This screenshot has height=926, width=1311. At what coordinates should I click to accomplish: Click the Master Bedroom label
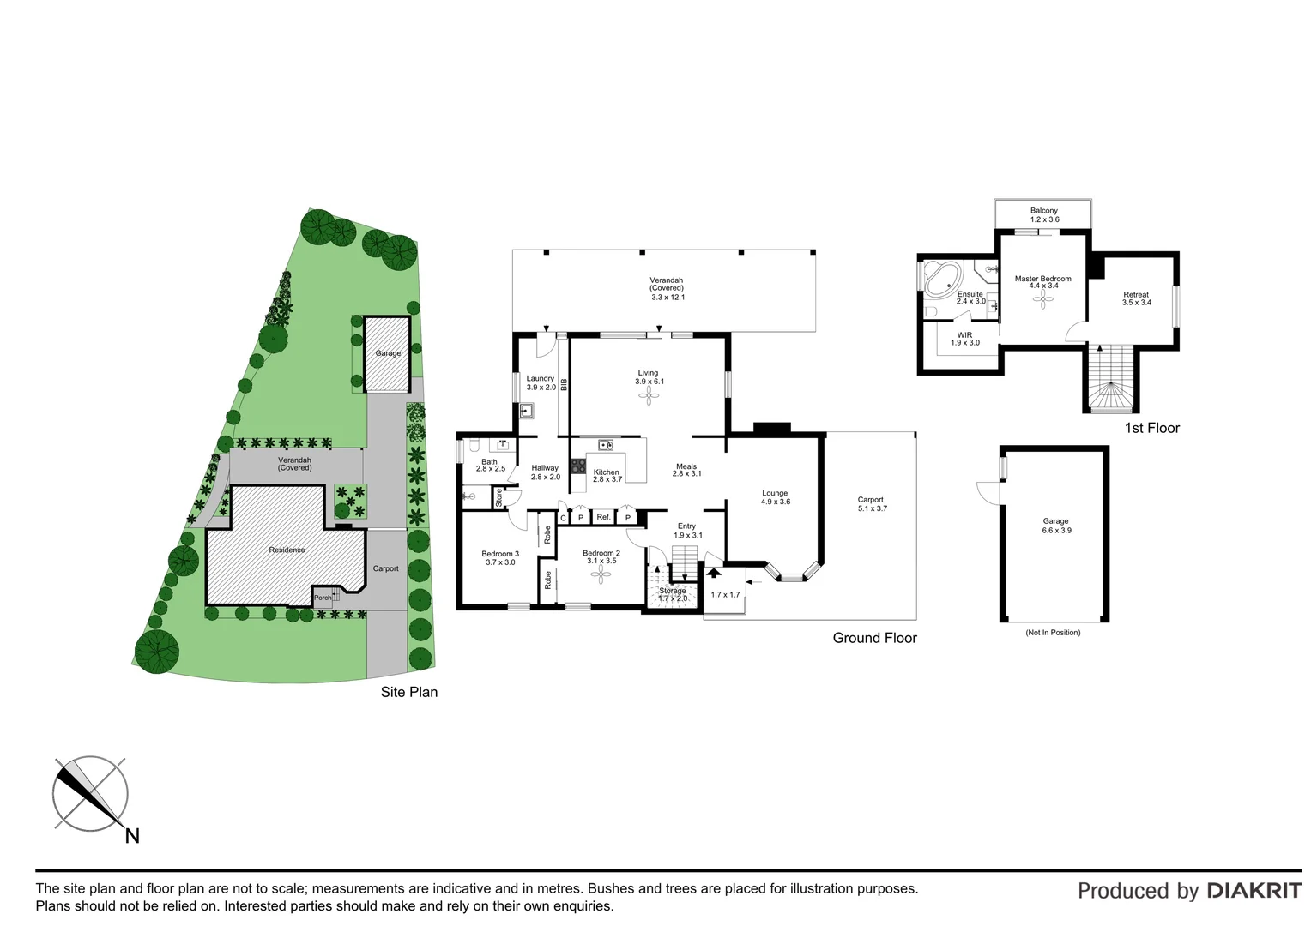point(1042,279)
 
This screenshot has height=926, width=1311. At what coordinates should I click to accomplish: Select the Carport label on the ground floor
point(870,500)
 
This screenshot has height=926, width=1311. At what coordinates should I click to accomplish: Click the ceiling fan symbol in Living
point(649,394)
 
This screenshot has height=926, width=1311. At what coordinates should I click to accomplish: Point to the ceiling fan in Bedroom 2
point(600,575)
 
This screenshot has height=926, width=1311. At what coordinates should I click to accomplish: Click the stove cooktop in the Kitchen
point(578,466)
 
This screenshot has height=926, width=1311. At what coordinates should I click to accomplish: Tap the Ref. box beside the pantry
point(603,517)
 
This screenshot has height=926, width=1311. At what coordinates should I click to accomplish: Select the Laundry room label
point(540,378)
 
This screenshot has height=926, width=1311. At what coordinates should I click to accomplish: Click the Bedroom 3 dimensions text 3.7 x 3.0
point(500,562)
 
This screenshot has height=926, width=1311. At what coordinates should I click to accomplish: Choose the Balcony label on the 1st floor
point(1043,211)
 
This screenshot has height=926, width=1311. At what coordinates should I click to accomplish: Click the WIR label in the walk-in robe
point(964,334)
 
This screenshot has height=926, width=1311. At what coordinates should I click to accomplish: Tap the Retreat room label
point(1135,295)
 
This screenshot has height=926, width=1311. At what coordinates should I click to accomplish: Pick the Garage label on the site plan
point(388,353)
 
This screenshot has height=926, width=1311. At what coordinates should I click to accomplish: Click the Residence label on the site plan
point(287,550)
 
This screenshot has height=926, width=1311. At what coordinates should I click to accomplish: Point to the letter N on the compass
point(132,835)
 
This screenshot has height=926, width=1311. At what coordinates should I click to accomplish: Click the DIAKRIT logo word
point(1254,891)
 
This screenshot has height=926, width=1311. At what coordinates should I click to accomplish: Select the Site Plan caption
point(408,692)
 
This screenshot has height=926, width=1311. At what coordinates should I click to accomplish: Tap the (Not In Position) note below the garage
point(1053,633)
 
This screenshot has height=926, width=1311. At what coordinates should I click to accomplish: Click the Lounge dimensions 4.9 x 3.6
point(775,502)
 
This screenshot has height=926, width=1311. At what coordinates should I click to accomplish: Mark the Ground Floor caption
point(874,638)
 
